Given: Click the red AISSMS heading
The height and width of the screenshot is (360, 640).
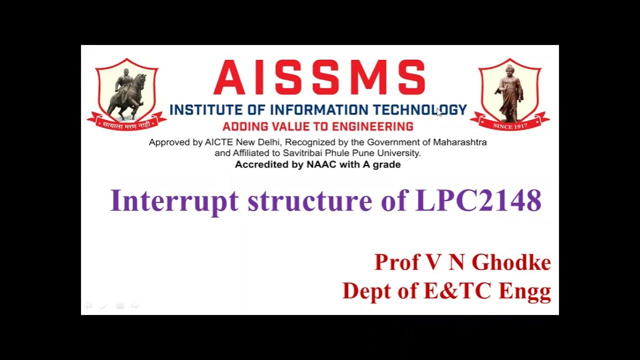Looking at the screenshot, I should (x=319, y=78).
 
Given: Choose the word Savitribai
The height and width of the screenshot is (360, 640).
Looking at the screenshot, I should (x=303, y=153).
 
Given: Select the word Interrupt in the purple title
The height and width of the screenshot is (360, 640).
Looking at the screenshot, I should (x=175, y=201).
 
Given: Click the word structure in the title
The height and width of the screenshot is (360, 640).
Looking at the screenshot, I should (x=310, y=201).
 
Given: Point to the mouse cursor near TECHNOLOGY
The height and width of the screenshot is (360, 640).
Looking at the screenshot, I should (x=439, y=111).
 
